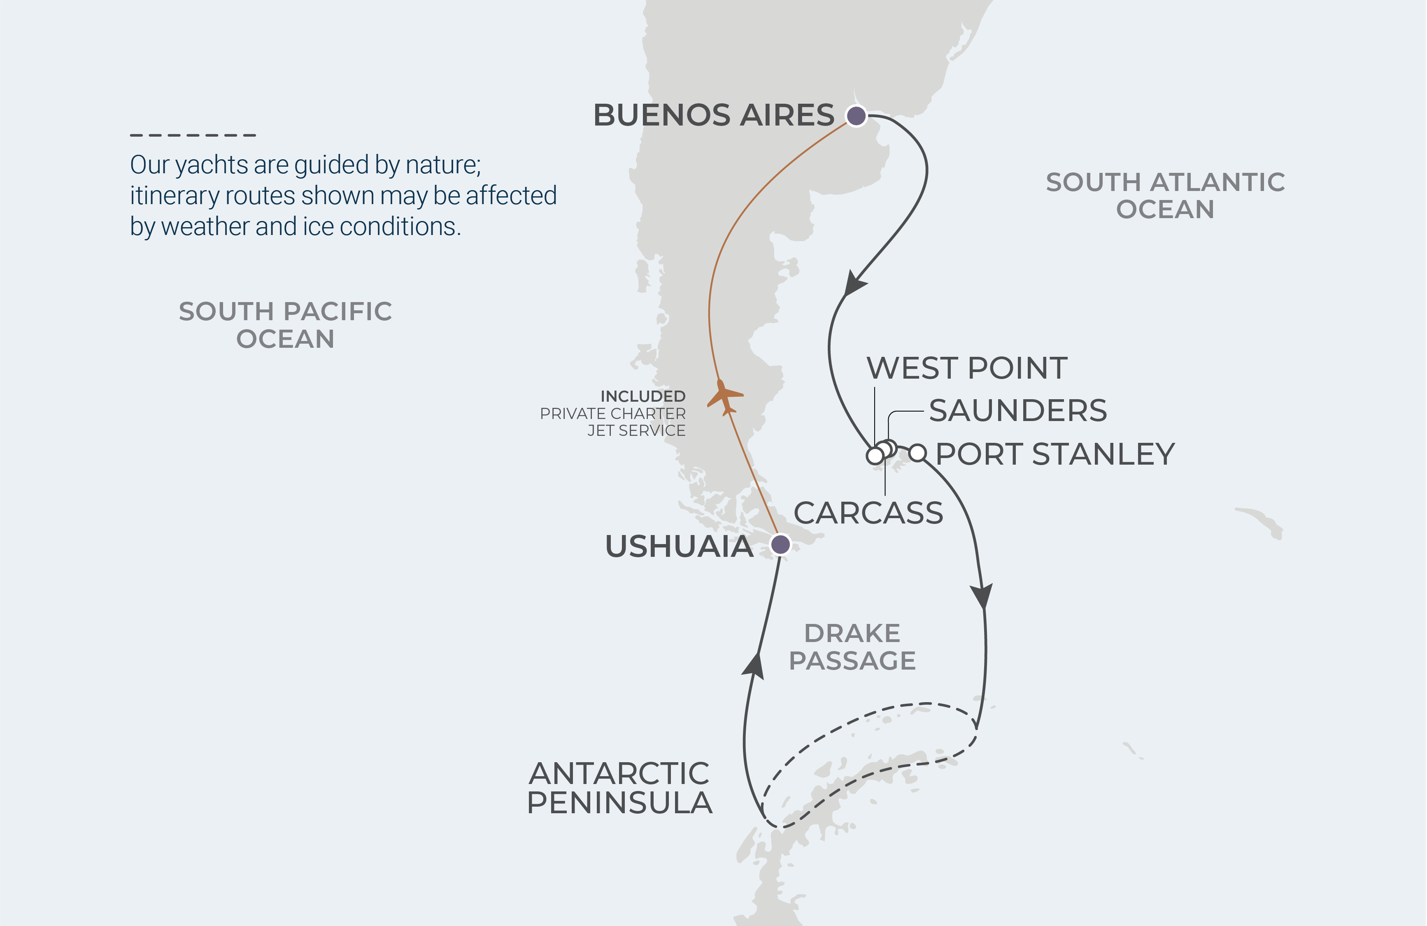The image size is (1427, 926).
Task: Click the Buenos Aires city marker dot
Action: (856, 115)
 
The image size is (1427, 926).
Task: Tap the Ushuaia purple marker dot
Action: (780, 544)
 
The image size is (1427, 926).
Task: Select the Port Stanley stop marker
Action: (917, 453)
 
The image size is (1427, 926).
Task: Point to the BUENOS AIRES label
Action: (714, 115)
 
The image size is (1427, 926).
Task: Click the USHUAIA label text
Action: (679, 547)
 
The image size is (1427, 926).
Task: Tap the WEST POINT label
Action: (966, 368)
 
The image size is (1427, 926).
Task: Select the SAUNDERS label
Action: (1017, 411)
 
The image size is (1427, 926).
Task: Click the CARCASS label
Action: (868, 513)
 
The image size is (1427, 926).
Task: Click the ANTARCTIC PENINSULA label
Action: (619, 788)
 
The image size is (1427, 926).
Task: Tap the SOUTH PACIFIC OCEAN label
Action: (285, 325)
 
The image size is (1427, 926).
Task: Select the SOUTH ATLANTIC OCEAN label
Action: (1165, 195)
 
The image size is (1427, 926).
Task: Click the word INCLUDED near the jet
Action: (643, 396)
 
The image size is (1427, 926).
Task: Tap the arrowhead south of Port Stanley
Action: (982, 596)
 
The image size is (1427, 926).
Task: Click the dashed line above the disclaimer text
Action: (193, 135)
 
